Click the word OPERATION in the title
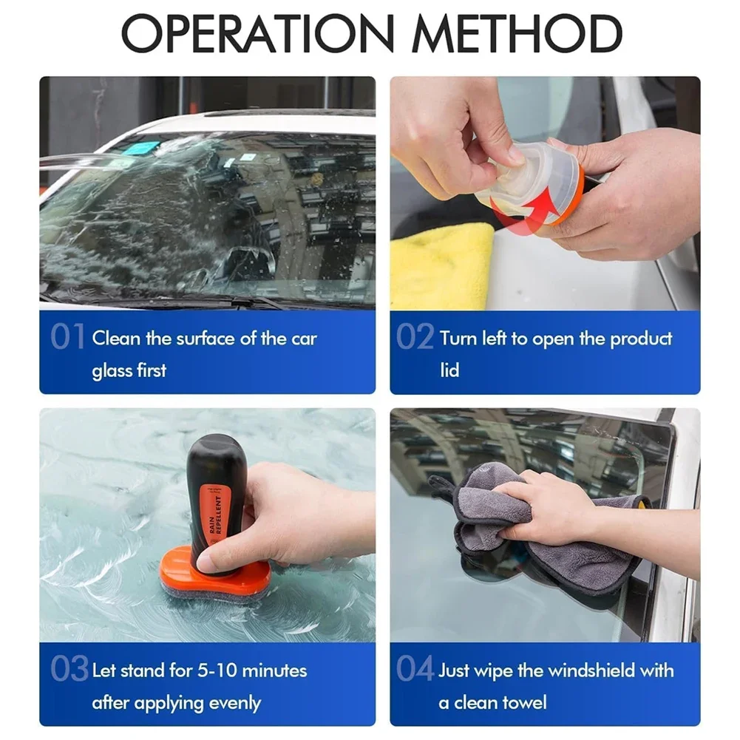(x=259, y=33)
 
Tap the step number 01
(x=67, y=338)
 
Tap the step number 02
(x=415, y=338)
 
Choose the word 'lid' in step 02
(x=449, y=370)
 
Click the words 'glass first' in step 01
(x=129, y=370)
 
